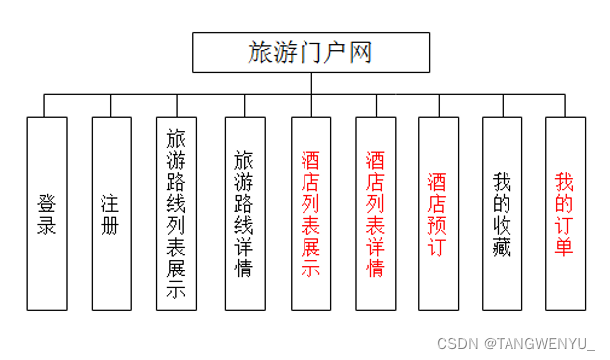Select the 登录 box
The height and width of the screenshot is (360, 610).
pos(46,214)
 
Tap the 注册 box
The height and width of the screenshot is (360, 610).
pos(110,214)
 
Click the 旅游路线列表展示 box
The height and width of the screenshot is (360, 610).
pos(176,214)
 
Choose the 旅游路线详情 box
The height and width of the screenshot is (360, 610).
pos(244,214)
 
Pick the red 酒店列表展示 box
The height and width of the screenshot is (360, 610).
pos(310,214)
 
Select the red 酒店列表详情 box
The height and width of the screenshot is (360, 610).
pos(376,214)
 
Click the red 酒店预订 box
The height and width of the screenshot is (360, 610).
pos(438,214)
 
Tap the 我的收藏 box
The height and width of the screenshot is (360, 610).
pos(503,214)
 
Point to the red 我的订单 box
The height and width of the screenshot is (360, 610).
pos(565,214)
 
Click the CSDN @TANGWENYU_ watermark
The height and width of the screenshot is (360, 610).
pos(515,344)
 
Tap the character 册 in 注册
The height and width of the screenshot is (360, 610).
pos(110,226)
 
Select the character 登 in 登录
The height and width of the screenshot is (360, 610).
pos(46,202)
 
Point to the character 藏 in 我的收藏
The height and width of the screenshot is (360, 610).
pos(503,247)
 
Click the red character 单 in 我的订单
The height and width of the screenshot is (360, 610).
pos(565,247)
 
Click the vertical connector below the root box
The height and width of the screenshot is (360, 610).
pos(310,84)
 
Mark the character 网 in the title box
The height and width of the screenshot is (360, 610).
pos(361,53)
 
